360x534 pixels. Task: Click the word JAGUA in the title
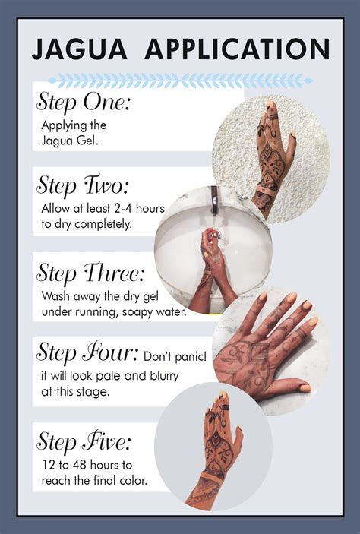pyautogui.click(x=79, y=49)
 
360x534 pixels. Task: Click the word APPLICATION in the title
pyautogui.click(x=238, y=49)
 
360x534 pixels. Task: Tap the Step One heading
pyautogui.click(x=83, y=102)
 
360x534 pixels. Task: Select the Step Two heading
pyautogui.click(x=83, y=185)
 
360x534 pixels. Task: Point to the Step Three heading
pyautogui.click(x=90, y=273)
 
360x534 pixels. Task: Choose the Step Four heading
pyautogui.click(x=87, y=352)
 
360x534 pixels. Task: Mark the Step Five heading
pyautogui.click(x=84, y=441)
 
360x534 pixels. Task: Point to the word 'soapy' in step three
pyautogui.click(x=138, y=312)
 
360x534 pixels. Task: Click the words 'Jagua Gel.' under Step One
pyautogui.click(x=70, y=141)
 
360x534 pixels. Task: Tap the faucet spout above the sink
pyautogui.click(x=215, y=200)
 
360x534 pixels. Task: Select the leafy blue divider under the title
pyautogui.click(x=180, y=81)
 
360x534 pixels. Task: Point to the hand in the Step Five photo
pyautogui.click(x=215, y=450)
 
